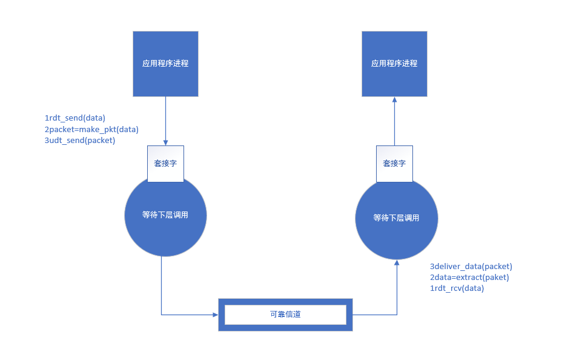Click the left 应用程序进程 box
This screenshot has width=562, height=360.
[x=165, y=64]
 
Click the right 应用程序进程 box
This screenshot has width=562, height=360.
[x=394, y=64]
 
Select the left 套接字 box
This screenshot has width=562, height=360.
[x=165, y=163]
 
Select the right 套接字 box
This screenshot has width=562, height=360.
[x=394, y=163]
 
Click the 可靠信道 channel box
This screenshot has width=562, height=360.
[x=285, y=315]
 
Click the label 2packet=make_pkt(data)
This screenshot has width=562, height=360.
[x=91, y=129]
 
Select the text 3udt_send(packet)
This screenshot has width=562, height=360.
[x=80, y=140]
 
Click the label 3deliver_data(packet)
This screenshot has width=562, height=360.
[x=471, y=266]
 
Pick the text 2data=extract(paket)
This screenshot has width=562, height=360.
[x=469, y=277]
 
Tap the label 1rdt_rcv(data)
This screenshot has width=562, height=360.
[x=457, y=288]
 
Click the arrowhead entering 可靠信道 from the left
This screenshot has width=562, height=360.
[x=216, y=315]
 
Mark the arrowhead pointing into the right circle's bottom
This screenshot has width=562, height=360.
[x=397, y=262]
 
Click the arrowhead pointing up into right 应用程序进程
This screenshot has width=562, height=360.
[x=394, y=100]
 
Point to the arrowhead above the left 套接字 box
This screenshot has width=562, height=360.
[x=165, y=142]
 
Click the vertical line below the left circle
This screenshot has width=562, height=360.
[x=161, y=285]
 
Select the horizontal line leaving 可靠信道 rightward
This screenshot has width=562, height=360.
[x=374, y=315]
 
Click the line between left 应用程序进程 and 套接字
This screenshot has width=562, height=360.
[x=165, y=118]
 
